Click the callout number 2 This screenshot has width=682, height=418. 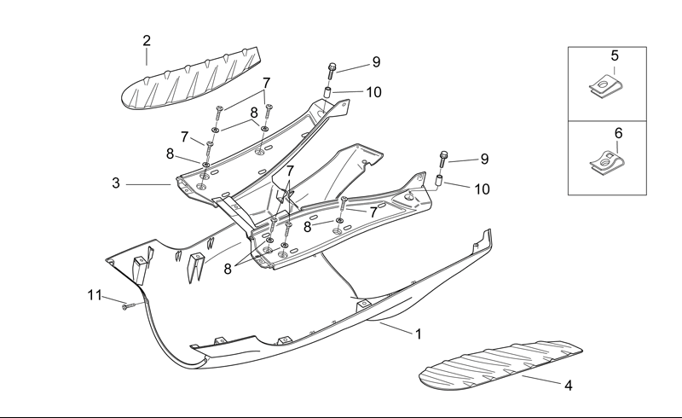147,40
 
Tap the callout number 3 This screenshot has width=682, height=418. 116,183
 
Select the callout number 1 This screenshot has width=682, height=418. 419,334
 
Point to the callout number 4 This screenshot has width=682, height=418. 568,386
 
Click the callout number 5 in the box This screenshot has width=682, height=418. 615,55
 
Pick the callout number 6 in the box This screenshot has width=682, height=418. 619,133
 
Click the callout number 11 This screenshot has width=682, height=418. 95,295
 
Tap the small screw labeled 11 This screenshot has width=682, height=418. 129,306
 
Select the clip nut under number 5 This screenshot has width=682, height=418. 605,86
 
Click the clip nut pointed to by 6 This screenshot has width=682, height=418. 607,162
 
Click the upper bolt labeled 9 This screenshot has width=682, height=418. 332,71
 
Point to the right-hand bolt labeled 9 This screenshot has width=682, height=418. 443,160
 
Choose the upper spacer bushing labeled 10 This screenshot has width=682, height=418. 328,93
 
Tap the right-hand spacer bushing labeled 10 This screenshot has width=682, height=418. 440,181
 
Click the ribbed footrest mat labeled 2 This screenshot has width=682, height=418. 191,79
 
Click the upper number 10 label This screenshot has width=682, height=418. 373,92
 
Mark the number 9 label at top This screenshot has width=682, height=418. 376,62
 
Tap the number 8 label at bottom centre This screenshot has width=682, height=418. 228,269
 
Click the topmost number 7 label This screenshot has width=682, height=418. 266,83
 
